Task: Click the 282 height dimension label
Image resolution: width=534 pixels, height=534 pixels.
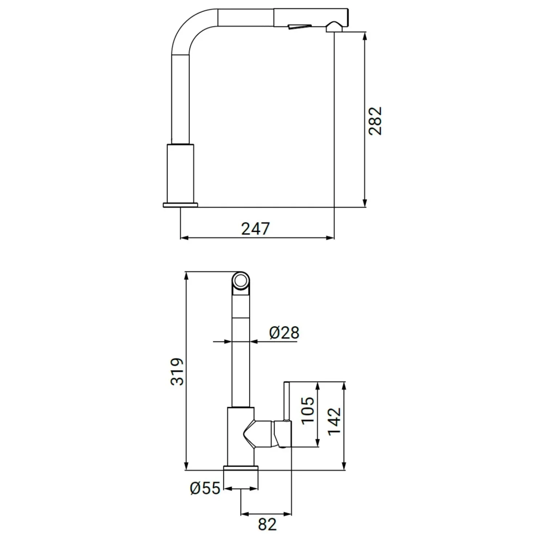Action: (x=375, y=121)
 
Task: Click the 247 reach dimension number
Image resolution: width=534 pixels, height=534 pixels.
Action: (x=255, y=229)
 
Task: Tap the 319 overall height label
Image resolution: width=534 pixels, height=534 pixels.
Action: (x=177, y=372)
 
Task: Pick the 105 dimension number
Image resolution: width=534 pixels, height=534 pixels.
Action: (x=308, y=410)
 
